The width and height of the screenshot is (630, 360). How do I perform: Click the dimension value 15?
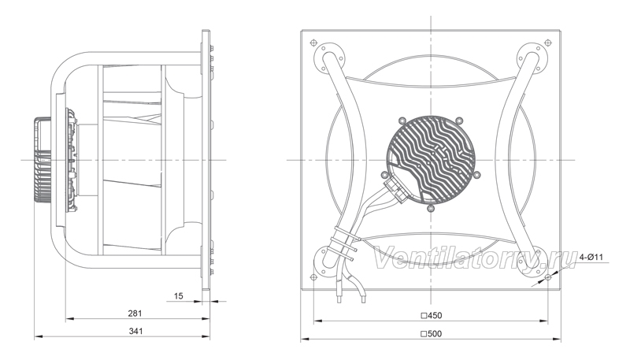tap(179, 296)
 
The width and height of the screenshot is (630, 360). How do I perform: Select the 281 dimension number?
tap(135, 314)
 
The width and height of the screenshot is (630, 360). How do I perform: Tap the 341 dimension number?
tap(135, 332)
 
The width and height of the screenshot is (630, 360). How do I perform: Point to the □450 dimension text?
tap(431, 316)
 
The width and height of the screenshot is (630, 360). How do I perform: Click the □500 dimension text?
tap(431, 334)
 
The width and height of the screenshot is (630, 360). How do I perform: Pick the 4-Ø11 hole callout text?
tap(591, 257)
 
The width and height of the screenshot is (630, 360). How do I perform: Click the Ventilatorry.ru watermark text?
tap(474, 258)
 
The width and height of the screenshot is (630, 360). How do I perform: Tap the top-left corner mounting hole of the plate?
tap(313, 43)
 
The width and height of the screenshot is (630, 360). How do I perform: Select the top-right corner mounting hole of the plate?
tap(547, 43)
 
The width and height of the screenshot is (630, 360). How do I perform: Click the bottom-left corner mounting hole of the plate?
tap(313, 276)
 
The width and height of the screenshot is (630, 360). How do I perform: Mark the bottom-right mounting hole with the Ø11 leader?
tap(547, 276)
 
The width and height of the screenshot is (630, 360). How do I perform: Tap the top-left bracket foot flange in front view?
tap(328, 58)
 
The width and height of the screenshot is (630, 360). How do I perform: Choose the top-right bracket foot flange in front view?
tap(533, 58)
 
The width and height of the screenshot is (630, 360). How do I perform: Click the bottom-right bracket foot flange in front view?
tap(532, 262)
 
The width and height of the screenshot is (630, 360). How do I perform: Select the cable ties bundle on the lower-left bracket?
tap(344, 243)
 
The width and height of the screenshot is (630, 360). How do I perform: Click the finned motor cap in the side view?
tap(43, 159)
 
